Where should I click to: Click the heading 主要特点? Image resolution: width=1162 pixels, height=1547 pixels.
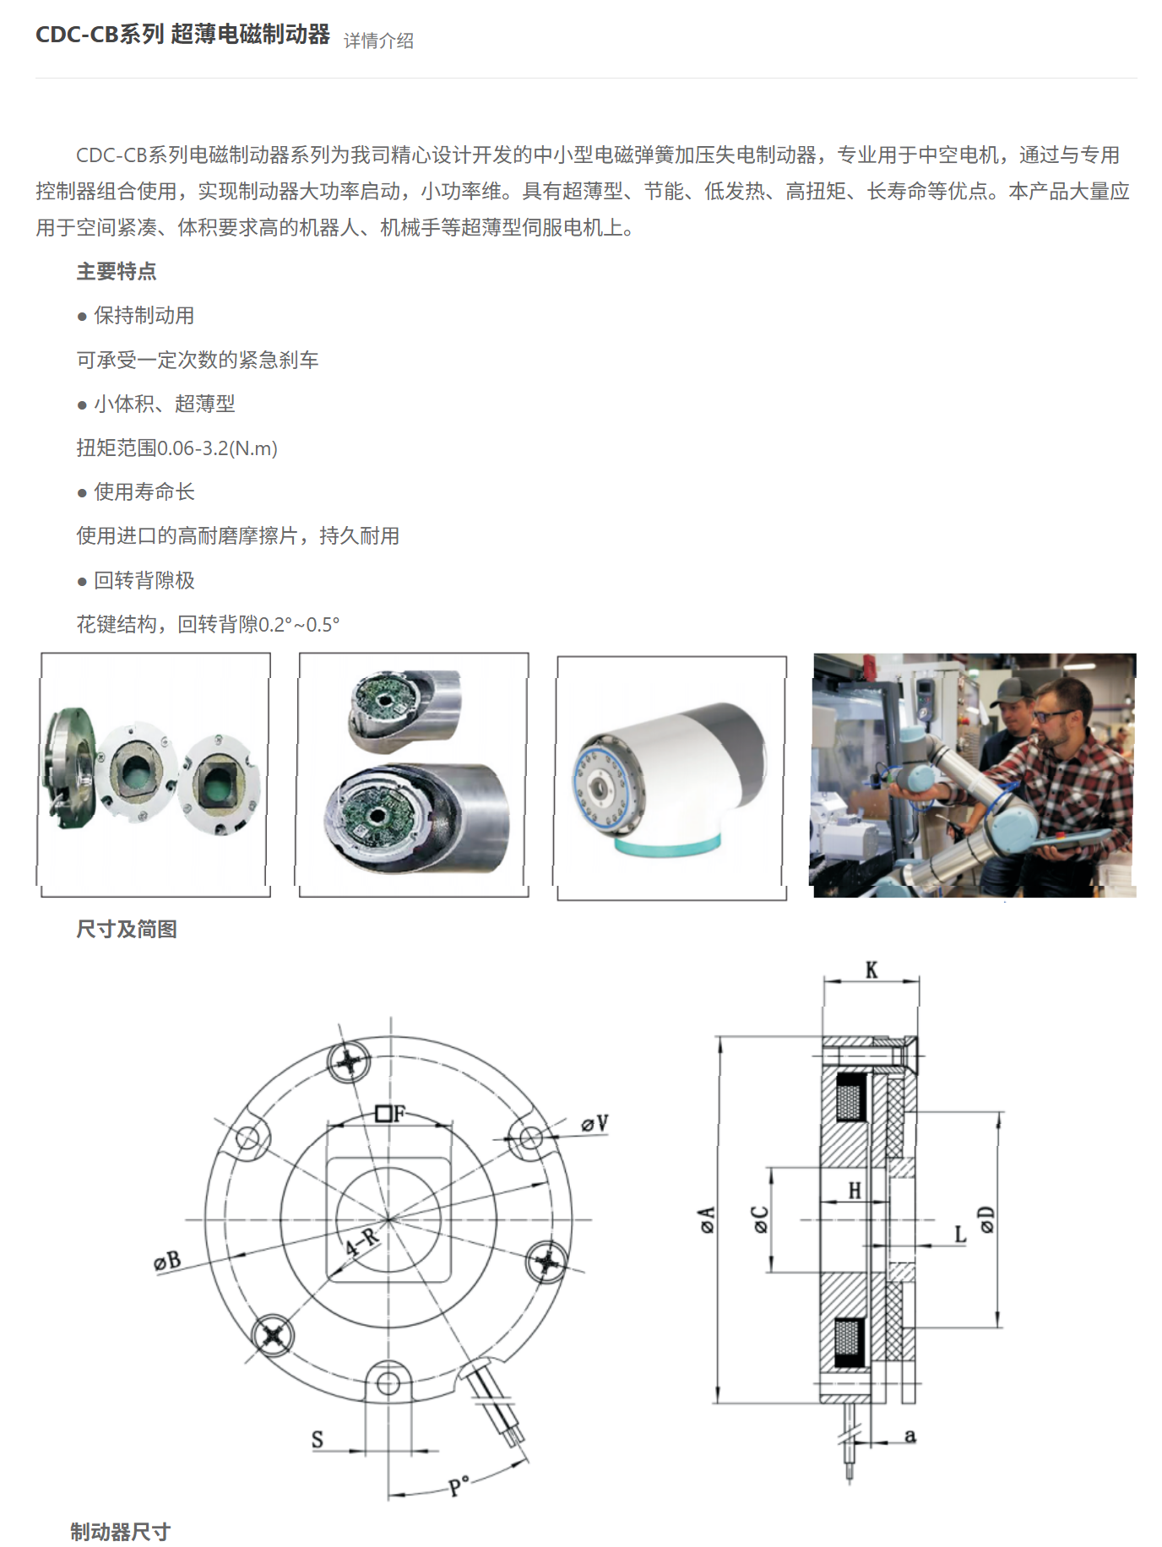click(117, 272)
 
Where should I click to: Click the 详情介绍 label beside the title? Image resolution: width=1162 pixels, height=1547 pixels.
click(378, 41)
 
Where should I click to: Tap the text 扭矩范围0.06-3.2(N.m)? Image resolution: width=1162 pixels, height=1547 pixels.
click(176, 448)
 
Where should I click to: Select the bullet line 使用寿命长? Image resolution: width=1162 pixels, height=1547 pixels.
click(143, 492)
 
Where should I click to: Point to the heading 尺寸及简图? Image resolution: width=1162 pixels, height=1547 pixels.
click(127, 930)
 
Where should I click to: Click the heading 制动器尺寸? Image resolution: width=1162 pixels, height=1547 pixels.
click(121, 1532)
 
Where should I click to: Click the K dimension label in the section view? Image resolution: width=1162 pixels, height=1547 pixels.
click(871, 970)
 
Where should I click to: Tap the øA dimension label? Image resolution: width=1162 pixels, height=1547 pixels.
click(707, 1219)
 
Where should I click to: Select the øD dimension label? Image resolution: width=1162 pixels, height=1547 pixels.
click(986, 1219)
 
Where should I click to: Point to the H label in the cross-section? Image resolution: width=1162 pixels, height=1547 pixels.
click(855, 1191)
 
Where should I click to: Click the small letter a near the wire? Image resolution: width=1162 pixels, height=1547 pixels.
click(910, 1436)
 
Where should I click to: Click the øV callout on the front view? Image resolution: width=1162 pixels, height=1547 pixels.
click(595, 1124)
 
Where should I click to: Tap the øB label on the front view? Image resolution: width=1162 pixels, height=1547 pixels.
click(167, 1262)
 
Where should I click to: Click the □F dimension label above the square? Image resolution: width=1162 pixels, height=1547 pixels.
click(391, 1114)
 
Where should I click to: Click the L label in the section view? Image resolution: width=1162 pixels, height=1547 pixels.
click(960, 1235)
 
